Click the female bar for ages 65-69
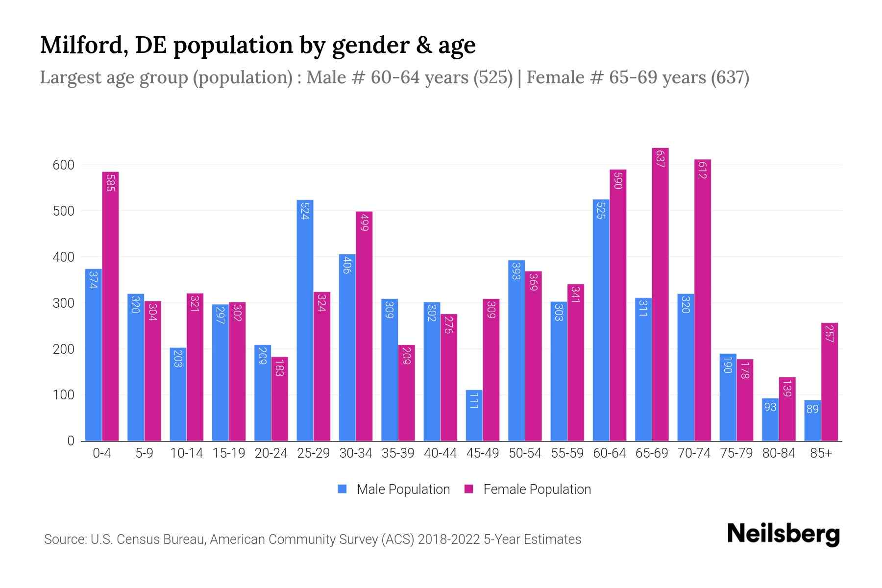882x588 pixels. pyautogui.click(x=660, y=294)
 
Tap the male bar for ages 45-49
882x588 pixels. pyautogui.click(x=474, y=416)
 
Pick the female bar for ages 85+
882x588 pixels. pyautogui.click(x=829, y=382)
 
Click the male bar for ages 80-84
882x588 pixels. pyautogui.click(x=770, y=419)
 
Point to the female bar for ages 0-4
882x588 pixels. pyautogui.click(x=110, y=306)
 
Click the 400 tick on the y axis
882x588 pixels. pyautogui.click(x=63, y=257)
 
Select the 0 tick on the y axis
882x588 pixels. pyautogui.click(x=71, y=441)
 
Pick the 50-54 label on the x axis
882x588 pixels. pyautogui.click(x=524, y=453)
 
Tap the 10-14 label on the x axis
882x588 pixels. pyautogui.click(x=186, y=453)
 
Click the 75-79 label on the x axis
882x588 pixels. pyautogui.click(x=736, y=453)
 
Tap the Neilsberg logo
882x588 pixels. pyautogui.click(x=783, y=534)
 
